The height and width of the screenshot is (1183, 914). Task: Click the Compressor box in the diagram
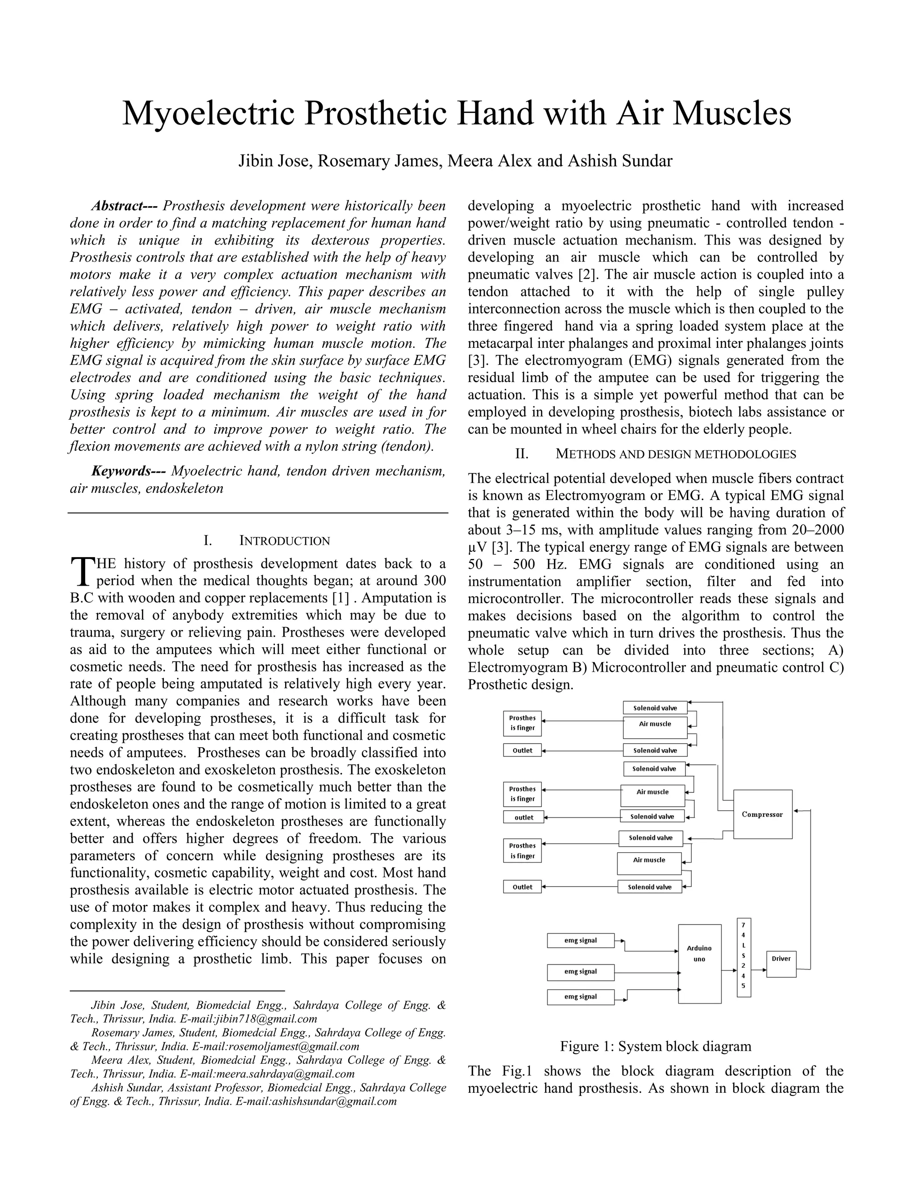[x=762, y=814]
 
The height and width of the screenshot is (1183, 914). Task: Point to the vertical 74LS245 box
[x=744, y=957]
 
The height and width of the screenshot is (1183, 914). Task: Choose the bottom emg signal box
[x=581, y=997]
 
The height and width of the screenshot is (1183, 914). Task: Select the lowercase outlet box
[x=523, y=817]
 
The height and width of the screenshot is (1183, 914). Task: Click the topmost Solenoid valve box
[x=655, y=708]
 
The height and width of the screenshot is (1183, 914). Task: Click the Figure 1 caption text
[x=655, y=1046]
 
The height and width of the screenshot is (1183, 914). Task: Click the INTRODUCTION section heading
[x=284, y=541]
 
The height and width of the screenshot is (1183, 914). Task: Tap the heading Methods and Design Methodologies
[x=675, y=454]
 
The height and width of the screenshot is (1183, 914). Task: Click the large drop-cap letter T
[x=82, y=572]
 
